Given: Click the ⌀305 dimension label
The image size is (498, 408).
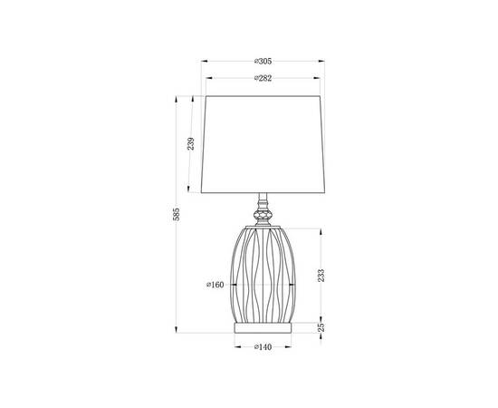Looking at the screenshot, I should tap(263, 61).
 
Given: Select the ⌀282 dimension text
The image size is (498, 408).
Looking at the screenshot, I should tap(263, 79).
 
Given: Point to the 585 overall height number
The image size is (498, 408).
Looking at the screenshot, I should tap(177, 214).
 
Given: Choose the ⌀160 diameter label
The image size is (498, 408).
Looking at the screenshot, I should tap(215, 285).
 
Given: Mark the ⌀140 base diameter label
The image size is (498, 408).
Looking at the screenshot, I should tap(263, 346).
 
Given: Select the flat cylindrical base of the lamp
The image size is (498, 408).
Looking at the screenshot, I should tap(263, 325).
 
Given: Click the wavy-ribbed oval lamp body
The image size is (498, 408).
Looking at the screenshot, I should tap(263, 272).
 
